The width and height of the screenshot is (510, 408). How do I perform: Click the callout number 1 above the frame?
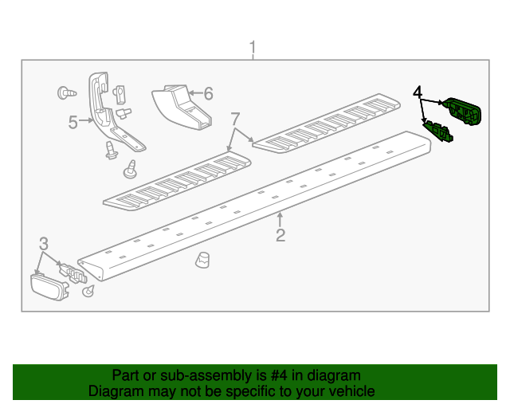(x=253, y=48)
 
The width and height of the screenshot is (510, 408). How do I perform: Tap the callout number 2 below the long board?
(x=280, y=235)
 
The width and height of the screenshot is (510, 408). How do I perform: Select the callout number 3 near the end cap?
(x=44, y=244)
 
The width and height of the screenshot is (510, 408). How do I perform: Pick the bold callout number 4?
(x=418, y=92)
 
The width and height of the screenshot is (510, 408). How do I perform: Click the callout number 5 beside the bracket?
(x=73, y=123)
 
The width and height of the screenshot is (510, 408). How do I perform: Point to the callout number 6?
(x=209, y=94)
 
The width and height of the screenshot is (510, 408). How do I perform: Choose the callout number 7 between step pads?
(x=235, y=119)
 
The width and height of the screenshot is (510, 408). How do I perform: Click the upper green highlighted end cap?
(x=462, y=112)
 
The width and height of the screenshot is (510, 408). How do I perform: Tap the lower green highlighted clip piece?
(x=437, y=131)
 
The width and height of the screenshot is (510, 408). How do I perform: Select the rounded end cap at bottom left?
(x=49, y=287)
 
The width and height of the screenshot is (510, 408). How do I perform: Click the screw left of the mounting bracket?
(x=67, y=93)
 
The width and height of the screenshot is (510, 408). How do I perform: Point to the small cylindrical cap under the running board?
(x=202, y=260)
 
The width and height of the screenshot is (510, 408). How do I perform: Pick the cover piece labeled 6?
(x=182, y=107)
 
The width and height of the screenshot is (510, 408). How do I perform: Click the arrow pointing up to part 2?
(x=280, y=219)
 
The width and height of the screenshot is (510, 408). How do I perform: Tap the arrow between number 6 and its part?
(x=195, y=93)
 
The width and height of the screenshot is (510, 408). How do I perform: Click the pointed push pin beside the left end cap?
(x=88, y=291)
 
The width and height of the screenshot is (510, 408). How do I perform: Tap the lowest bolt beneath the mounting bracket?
(x=130, y=169)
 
